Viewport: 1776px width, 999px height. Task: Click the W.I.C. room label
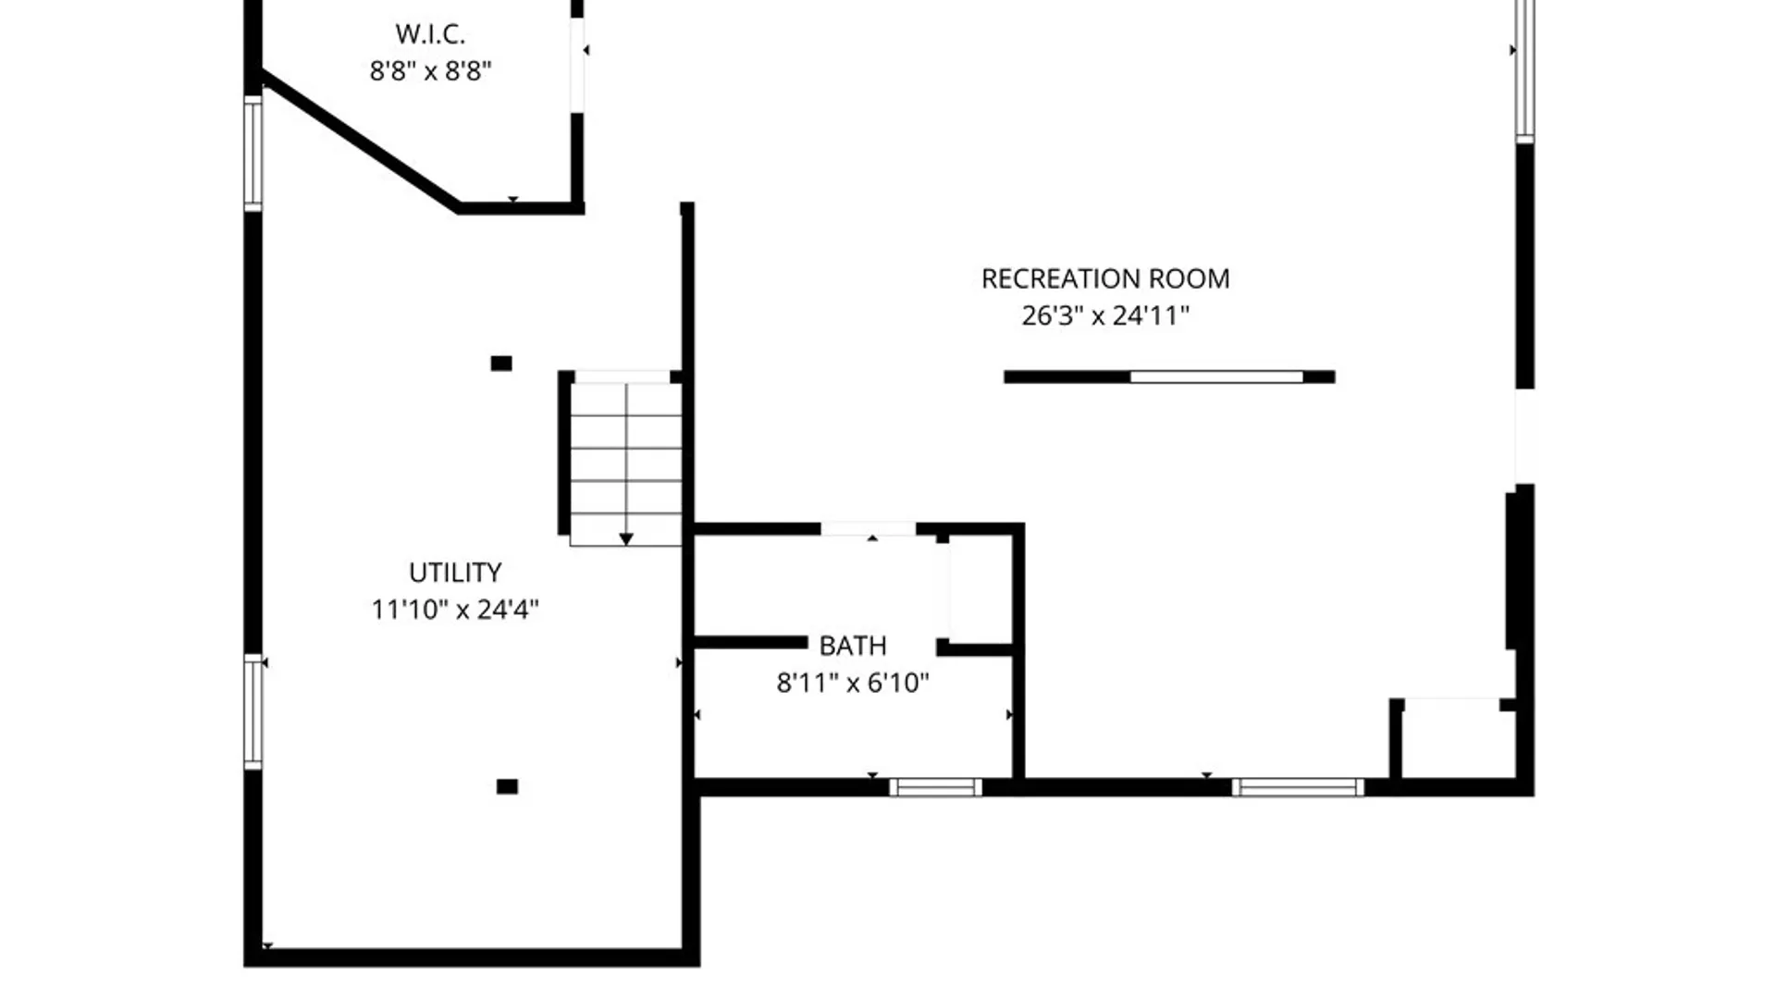430,34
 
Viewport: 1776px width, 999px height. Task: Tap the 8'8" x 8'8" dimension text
430,71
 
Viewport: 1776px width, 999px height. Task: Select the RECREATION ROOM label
1105,278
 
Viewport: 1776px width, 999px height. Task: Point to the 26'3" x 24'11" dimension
1105,315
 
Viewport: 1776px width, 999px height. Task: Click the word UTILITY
455,573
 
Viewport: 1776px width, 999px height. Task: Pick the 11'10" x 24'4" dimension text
455,610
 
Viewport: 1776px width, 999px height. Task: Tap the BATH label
853,646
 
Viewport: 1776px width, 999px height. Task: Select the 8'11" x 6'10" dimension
853,683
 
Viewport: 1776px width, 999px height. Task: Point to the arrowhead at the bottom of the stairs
626,539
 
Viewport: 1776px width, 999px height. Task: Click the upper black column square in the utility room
501,364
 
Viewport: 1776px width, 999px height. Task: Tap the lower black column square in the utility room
507,786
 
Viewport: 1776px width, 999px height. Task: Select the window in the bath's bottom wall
936,787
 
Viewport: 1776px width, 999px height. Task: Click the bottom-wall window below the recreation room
1298,787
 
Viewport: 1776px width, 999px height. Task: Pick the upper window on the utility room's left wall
253,154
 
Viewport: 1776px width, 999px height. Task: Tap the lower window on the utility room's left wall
253,711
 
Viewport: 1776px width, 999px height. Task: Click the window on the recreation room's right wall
1525,69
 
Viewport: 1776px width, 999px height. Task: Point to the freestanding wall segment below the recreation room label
1169,376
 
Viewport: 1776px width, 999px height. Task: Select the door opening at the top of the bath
869,529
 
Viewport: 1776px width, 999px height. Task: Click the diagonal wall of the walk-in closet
361,141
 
